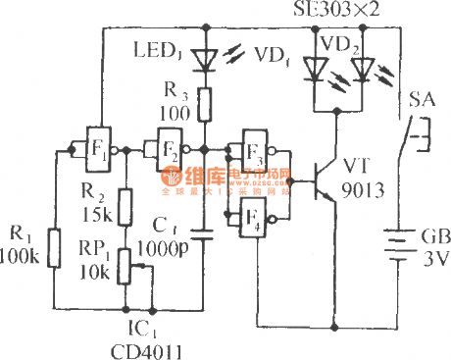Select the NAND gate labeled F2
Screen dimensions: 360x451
click(163, 150)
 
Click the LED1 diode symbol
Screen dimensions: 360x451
click(203, 59)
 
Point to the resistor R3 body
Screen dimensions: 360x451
click(203, 102)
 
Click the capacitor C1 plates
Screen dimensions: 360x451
click(203, 235)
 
